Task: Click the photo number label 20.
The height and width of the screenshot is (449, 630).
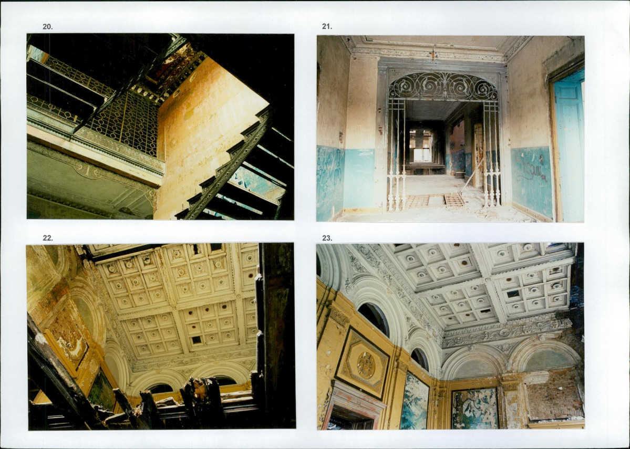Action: tap(47, 27)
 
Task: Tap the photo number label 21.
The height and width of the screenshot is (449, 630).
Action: tap(327, 26)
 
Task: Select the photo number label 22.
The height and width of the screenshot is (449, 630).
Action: tap(47, 238)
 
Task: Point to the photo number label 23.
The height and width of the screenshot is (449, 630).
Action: tap(327, 238)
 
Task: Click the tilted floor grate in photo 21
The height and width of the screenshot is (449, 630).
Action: tap(453, 199)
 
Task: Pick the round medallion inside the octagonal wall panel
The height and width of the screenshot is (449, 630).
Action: tap(366, 365)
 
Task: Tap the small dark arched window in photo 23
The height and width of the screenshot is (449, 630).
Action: tap(419, 358)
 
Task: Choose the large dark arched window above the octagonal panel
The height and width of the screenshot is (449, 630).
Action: tap(374, 318)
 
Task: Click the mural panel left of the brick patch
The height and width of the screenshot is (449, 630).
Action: tap(475, 409)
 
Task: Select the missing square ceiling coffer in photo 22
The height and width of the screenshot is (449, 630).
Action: tap(197, 340)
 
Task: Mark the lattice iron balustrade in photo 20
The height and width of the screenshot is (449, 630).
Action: tap(124, 120)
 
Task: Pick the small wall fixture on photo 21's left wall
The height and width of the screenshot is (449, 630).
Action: tap(341, 137)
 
